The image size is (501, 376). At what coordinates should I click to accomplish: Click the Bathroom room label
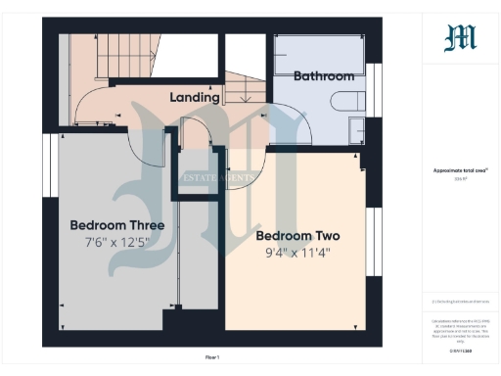click(323, 75)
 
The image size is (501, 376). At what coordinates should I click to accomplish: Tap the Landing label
click(194, 98)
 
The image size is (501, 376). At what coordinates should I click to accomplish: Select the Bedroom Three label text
click(116, 225)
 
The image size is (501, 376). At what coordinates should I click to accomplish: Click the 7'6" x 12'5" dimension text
click(116, 242)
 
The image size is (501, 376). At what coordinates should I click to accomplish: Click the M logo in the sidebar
click(460, 37)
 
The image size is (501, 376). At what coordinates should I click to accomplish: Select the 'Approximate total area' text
click(460, 170)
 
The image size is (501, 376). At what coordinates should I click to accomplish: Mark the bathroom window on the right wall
click(372, 89)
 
